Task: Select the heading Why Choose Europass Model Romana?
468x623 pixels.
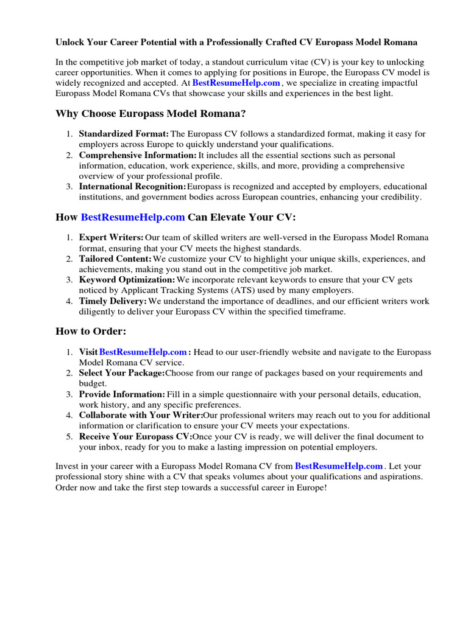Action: [x=151, y=114]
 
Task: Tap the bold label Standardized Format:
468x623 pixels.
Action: [x=124, y=134]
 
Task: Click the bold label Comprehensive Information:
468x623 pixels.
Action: [x=138, y=155]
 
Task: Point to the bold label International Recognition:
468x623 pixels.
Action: [x=132, y=186]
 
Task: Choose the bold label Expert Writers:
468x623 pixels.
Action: [x=112, y=238]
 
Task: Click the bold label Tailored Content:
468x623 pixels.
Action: [x=115, y=259]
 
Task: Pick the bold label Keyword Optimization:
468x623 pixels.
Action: [x=127, y=280]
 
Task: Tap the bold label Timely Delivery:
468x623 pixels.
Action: [x=113, y=301]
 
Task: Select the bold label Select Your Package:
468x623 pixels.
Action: [x=122, y=373]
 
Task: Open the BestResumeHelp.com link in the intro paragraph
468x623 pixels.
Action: [x=236, y=83]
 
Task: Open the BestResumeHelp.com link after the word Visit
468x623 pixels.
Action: [x=143, y=352]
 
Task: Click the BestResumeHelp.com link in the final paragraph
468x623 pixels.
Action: [x=339, y=467]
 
